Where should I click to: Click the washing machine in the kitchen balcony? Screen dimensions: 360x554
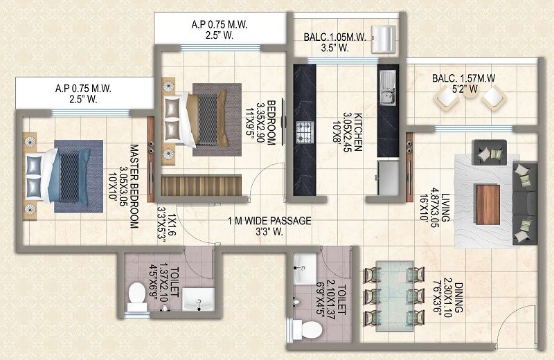(x=382, y=39)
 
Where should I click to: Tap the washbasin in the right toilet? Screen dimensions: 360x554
(x=303, y=264)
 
